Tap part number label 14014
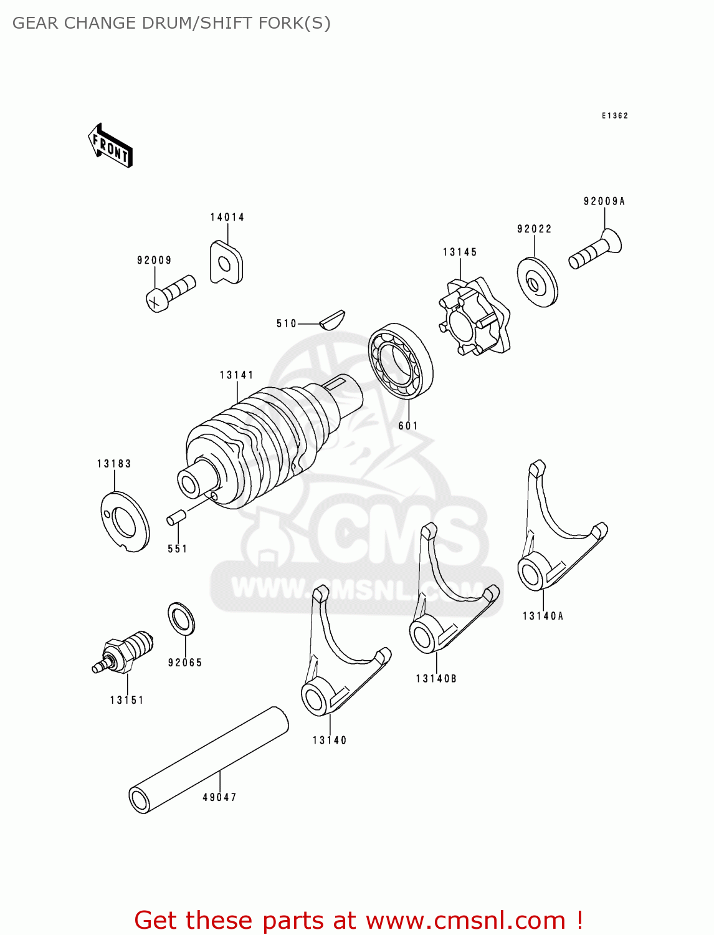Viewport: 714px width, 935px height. point(227,218)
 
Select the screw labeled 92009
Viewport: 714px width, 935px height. point(171,294)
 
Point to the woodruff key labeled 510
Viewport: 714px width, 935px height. point(332,319)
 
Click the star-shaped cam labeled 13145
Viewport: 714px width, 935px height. point(474,316)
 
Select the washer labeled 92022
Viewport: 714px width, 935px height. point(537,282)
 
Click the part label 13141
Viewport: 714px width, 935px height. point(237,375)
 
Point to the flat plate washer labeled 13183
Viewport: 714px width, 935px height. point(125,521)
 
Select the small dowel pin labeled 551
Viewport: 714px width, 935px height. point(176,517)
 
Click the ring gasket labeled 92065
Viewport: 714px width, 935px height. point(181,619)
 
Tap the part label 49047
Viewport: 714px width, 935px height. point(219,797)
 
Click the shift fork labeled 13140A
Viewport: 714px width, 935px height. point(555,536)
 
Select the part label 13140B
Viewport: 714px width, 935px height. point(436,679)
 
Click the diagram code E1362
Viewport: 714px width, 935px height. point(615,116)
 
